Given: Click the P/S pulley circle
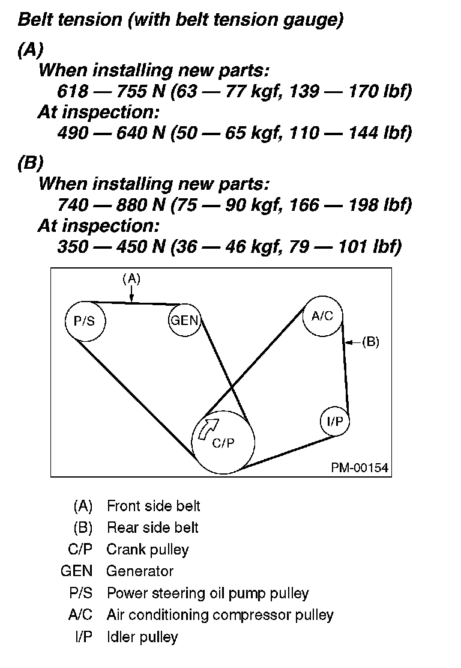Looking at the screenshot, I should (84, 320).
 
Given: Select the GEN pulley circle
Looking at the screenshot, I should (184, 320).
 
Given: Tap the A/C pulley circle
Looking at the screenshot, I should (322, 317).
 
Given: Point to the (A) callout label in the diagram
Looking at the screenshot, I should (131, 278).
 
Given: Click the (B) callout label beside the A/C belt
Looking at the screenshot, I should (370, 342).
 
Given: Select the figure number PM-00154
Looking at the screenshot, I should (360, 467).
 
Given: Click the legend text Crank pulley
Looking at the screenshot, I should (148, 549).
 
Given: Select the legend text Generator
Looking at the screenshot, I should (140, 571).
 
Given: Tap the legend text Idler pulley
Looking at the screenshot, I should (142, 636).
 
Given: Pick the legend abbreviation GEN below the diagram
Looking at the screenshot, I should (76, 571).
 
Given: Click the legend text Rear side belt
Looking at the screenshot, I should (152, 527).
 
